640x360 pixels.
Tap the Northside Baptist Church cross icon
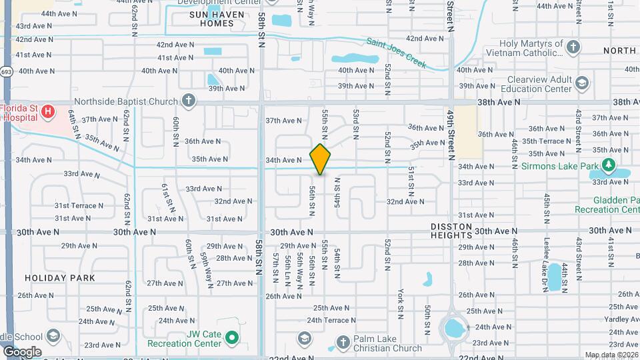tap(189, 101)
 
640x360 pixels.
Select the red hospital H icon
tap(47, 112)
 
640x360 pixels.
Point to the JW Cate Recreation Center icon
tap(231, 338)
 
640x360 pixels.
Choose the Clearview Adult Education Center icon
tap(582, 83)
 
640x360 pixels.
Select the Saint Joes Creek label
tap(395, 52)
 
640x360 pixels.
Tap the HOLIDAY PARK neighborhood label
tap(60, 277)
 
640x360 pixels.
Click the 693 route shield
tap(6, 71)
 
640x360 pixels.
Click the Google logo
tap(22, 351)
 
